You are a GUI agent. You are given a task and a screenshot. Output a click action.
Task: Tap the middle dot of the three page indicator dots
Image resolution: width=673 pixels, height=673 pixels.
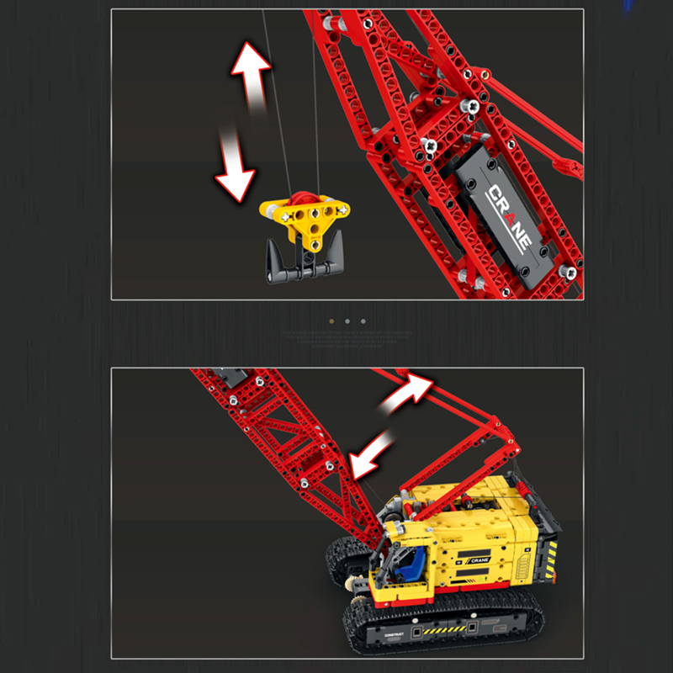tap(347, 321)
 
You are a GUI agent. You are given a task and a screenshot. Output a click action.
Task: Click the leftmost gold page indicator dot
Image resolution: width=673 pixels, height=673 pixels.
tap(331, 321)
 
